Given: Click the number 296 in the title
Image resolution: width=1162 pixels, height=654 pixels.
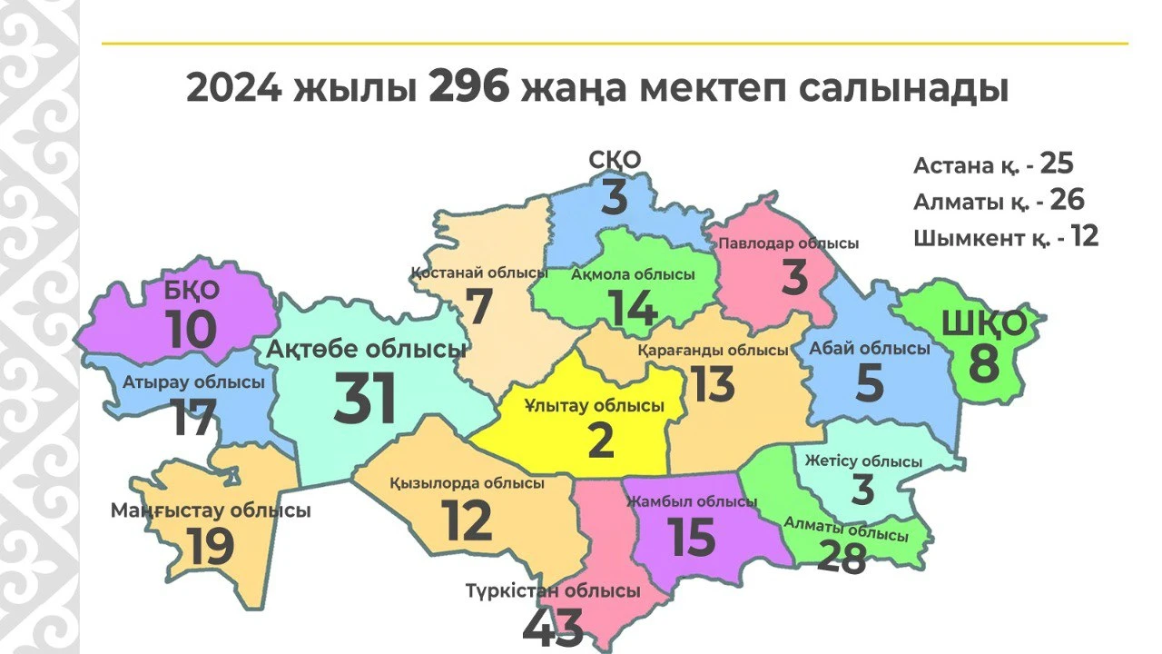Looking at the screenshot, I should pyautogui.click(x=469, y=89).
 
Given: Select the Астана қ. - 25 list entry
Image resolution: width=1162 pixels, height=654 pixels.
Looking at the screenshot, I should pyautogui.click(x=993, y=164).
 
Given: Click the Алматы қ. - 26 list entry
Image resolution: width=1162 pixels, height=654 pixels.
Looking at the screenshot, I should pyautogui.click(x=999, y=201).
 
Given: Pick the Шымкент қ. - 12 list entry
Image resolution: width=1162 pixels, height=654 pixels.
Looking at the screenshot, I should pyautogui.click(x=1006, y=238).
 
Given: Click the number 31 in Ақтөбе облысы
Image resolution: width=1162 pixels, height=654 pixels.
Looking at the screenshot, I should pyautogui.click(x=365, y=400).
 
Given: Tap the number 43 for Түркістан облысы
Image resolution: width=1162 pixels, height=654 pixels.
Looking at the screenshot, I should pyautogui.click(x=553, y=629).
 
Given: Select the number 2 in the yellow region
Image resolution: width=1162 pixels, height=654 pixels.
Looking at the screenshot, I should pyautogui.click(x=601, y=441).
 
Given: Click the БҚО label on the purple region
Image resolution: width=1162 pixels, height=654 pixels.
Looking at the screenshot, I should pyautogui.click(x=192, y=291).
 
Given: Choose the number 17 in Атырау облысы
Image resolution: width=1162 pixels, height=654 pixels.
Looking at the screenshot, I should pyautogui.click(x=192, y=419).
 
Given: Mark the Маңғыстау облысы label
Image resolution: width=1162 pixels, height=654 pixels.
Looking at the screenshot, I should pyautogui.click(x=211, y=510).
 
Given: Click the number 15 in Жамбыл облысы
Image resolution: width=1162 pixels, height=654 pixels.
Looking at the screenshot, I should pyautogui.click(x=692, y=537).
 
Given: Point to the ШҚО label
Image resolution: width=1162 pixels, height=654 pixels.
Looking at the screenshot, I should pyautogui.click(x=984, y=323).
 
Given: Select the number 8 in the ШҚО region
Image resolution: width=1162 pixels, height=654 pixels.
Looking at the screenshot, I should pyautogui.click(x=983, y=363).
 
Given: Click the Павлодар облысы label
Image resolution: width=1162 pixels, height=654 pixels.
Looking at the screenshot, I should pyautogui.click(x=788, y=243).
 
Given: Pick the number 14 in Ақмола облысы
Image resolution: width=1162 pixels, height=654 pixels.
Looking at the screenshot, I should pyautogui.click(x=633, y=308).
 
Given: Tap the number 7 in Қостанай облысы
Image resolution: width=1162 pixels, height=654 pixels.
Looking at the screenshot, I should pyautogui.click(x=478, y=307).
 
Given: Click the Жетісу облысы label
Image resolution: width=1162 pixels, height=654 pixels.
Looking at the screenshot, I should pyautogui.click(x=862, y=461).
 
